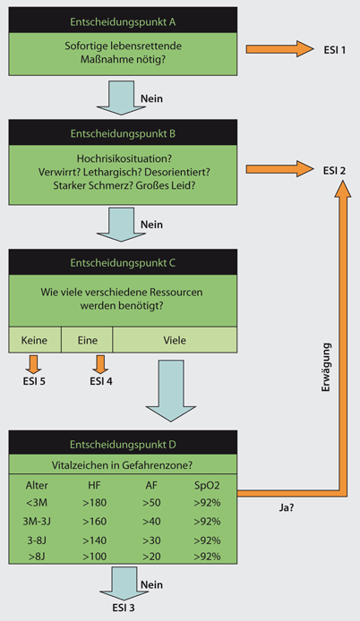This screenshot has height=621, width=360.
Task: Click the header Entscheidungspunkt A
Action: pos(123,20)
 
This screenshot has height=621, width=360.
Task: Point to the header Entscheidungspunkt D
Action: pos(123,444)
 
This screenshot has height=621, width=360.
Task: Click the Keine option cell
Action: pos(34,340)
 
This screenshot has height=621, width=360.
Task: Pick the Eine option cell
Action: pos(87,340)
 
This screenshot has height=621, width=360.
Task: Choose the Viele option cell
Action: pos(175,340)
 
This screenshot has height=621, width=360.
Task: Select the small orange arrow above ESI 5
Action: pos(34,363)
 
